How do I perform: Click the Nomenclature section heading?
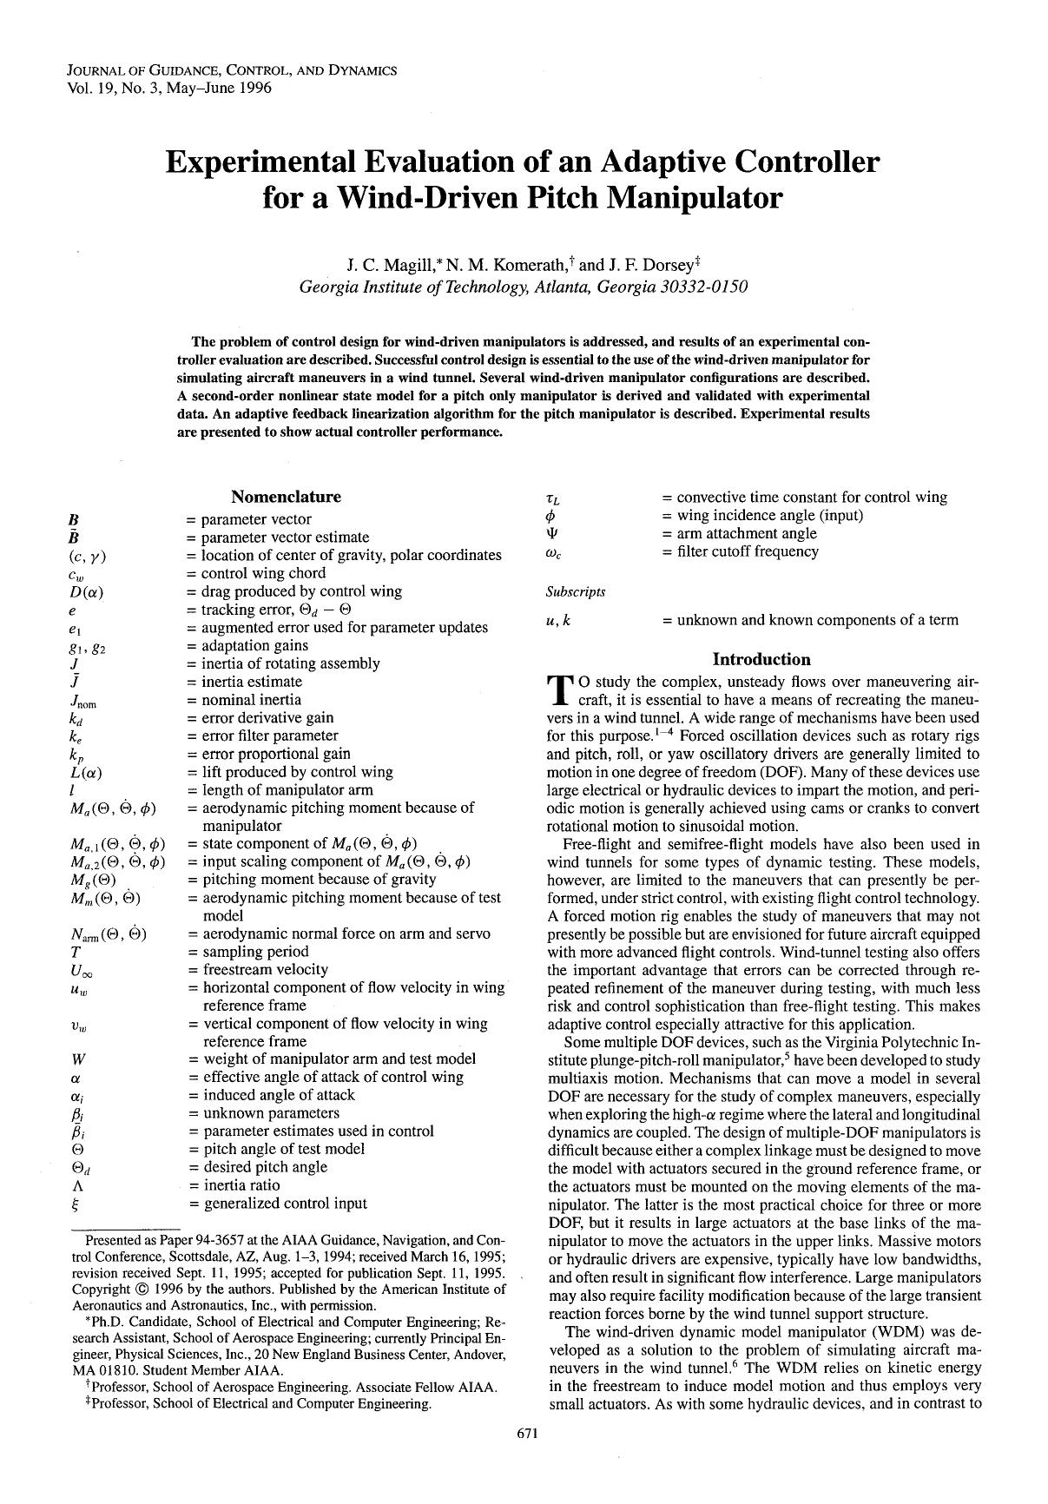286,497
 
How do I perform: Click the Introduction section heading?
761,659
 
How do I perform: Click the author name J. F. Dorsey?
647,265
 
